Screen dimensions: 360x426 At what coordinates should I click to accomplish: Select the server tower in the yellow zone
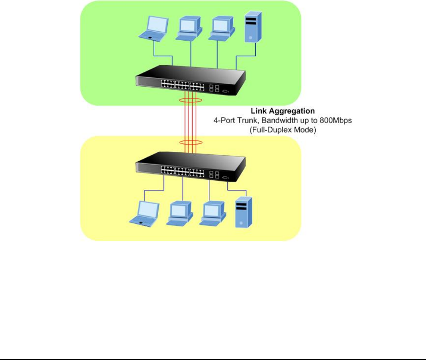[x=241, y=212]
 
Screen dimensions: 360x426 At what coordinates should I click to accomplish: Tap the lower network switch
[x=190, y=168]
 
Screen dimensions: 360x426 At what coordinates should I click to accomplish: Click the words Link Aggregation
[x=283, y=112]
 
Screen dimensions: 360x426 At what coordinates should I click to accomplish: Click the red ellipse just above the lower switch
[x=191, y=143]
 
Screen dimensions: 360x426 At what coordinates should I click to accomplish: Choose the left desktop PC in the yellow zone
[x=180, y=213]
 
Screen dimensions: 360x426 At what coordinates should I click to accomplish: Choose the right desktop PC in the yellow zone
[x=213, y=213]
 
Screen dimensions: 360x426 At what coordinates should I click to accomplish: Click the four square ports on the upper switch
[x=213, y=88]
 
